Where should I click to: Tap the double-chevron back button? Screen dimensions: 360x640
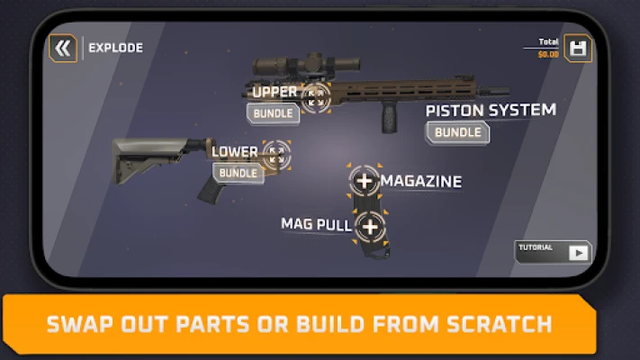coord(63,49)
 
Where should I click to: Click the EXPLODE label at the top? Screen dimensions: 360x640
coord(115,49)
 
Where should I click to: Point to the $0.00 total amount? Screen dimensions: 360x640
coord(547,55)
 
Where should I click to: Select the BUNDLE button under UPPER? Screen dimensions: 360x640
coord(273,113)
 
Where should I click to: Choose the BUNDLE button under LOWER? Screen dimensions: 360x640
coord(239,172)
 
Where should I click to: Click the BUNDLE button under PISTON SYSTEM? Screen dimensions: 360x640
coord(457,132)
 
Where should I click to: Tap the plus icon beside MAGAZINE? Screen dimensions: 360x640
coord(365,181)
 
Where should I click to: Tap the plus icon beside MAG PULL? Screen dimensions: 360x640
coord(369,226)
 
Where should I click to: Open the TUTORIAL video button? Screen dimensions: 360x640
coord(554,251)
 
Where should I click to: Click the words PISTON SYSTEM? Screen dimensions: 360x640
coord(491,111)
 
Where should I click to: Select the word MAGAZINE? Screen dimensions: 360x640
coord(421,182)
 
